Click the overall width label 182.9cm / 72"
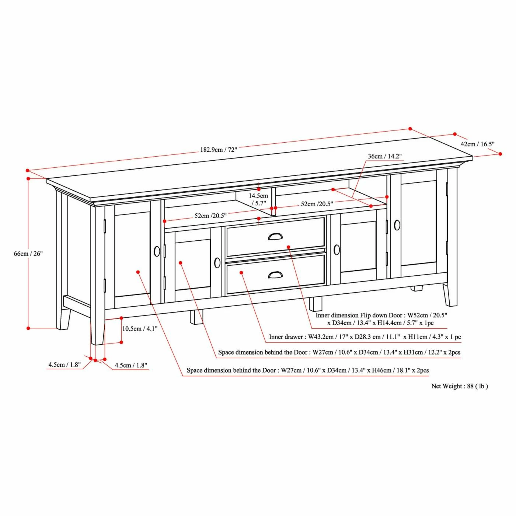tap(219, 150)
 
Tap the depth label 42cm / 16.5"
tap(477, 144)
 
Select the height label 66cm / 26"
tap(28, 253)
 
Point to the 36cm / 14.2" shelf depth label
tap(384, 156)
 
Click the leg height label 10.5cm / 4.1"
tap(140, 328)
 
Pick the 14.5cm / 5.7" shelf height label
tap(259, 199)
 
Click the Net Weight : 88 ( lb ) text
tap(460, 386)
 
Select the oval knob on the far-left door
tap(157, 251)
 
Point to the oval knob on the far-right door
tap(397, 225)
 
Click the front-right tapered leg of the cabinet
tap(450, 294)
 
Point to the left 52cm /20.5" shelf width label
tap(210, 216)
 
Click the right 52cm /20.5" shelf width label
tap(317, 204)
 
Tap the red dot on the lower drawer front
tap(241, 273)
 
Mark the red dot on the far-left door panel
tap(138, 272)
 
